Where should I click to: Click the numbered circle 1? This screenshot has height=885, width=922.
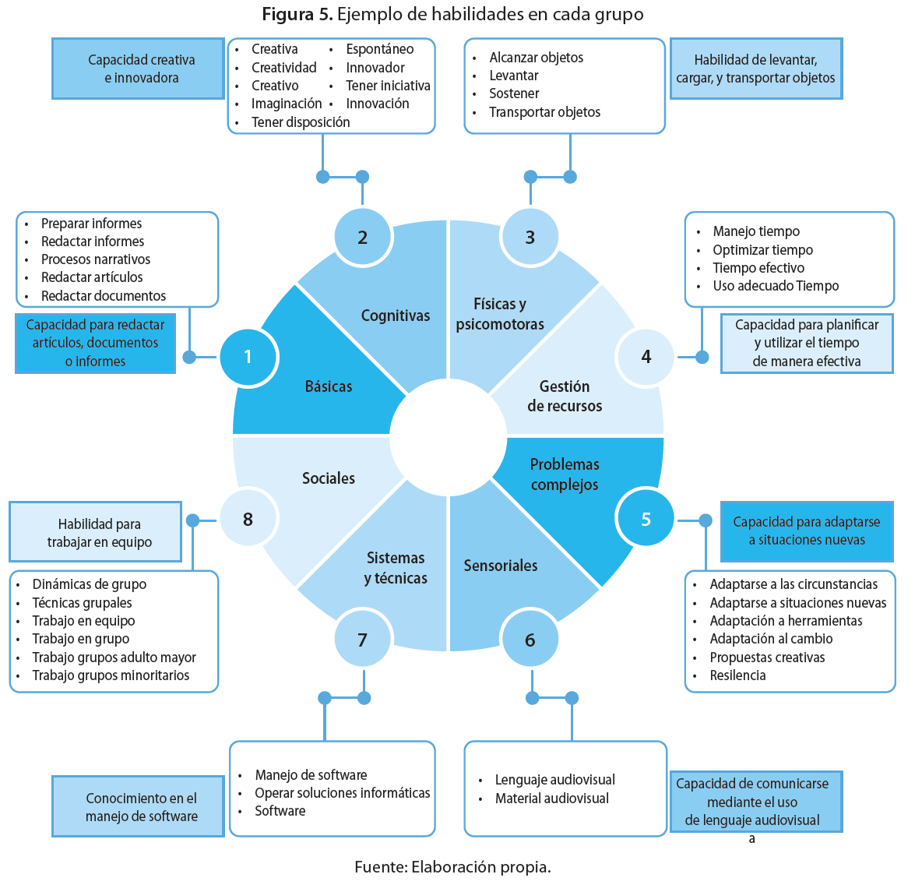click(x=248, y=357)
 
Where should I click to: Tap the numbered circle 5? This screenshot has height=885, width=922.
click(x=646, y=519)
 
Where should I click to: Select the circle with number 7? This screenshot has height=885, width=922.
click(x=362, y=640)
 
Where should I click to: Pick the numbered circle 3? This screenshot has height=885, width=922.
click(x=530, y=237)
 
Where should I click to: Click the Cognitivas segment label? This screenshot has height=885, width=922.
click(x=396, y=316)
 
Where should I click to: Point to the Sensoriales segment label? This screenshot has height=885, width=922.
click(x=501, y=566)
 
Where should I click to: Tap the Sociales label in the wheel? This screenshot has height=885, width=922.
click(x=329, y=478)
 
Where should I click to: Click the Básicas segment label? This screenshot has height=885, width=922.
click(x=329, y=386)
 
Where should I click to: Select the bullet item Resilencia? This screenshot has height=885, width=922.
click(x=737, y=675)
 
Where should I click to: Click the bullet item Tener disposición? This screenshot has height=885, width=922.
click(x=301, y=122)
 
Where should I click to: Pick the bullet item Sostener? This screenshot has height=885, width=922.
click(x=514, y=93)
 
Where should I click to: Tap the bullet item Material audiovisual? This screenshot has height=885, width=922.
click(x=552, y=799)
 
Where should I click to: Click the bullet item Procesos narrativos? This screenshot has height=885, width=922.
click(x=96, y=259)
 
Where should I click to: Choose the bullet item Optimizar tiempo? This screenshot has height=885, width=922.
click(x=762, y=250)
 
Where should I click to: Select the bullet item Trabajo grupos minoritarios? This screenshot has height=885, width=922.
click(x=111, y=675)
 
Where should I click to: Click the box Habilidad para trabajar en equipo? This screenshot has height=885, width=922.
click(x=96, y=533)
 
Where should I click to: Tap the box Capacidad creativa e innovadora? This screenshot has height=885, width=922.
click(x=139, y=69)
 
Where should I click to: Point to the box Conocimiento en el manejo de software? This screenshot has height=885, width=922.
click(x=139, y=807)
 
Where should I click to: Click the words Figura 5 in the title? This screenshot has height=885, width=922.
click(x=297, y=14)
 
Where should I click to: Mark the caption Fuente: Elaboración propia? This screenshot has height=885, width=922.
click(x=452, y=867)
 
